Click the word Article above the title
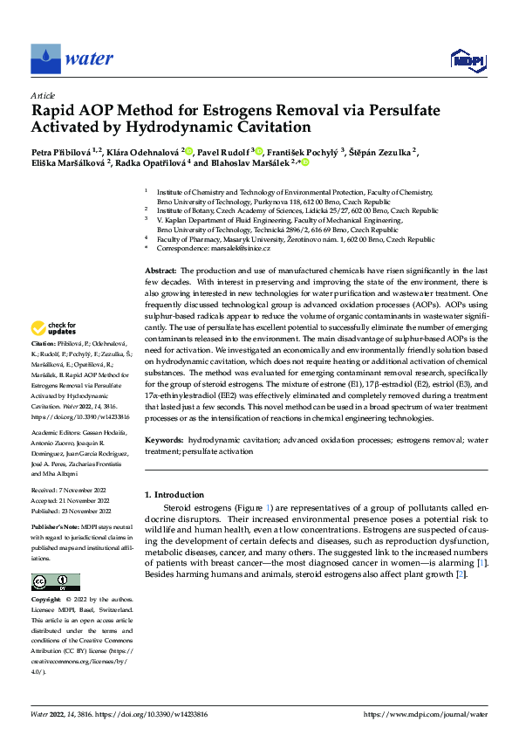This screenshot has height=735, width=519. [x=43, y=95]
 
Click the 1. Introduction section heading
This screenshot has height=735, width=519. [x=174, y=495]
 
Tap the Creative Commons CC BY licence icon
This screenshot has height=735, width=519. [x=55, y=582]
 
